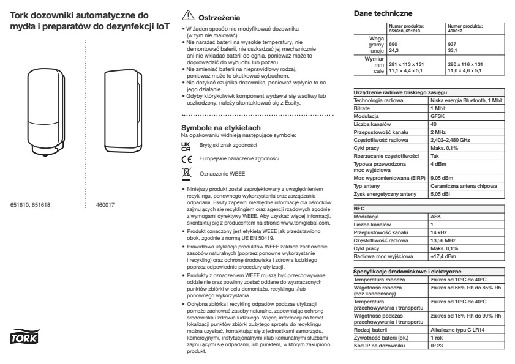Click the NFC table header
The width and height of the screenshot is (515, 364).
coord(361,210)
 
